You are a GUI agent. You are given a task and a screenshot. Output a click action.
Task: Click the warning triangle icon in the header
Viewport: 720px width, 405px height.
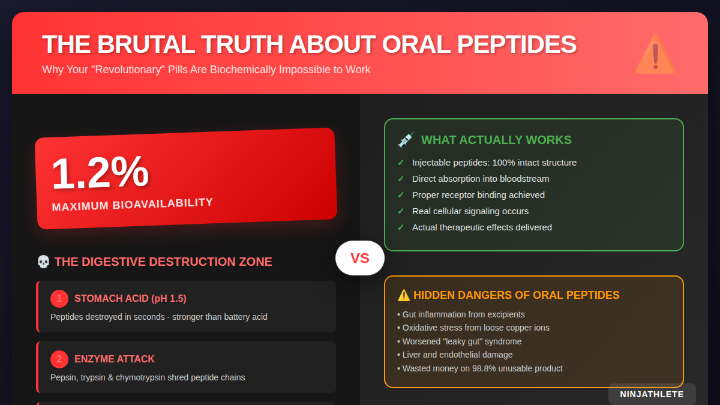[655, 55]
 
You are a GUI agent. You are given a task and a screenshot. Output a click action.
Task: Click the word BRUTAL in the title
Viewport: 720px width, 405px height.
[143, 45]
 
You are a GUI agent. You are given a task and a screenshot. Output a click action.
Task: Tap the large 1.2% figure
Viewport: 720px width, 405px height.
[100, 173]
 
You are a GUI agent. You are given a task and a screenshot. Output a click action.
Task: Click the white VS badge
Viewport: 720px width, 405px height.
[359, 258]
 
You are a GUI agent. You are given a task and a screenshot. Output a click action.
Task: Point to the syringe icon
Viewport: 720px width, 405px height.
[406, 140]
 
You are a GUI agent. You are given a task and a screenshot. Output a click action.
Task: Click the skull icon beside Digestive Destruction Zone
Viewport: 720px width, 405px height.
[43, 262]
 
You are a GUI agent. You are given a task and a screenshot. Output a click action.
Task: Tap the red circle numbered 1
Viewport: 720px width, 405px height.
[59, 298]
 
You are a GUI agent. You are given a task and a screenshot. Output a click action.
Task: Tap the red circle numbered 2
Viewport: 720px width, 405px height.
[59, 359]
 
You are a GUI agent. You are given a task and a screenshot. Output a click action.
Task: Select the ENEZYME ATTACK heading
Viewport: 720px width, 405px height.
[115, 359]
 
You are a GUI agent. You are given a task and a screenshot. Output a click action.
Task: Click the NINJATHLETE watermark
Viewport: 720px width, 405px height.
[652, 394]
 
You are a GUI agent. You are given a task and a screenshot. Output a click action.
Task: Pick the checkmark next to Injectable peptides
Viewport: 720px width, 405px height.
[401, 163]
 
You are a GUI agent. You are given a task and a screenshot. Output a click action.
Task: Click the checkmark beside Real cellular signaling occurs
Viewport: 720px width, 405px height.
[401, 211]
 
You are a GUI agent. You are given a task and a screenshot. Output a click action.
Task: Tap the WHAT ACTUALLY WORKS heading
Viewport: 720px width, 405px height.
[496, 140]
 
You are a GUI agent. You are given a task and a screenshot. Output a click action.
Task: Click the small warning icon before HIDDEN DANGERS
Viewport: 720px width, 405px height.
[404, 295]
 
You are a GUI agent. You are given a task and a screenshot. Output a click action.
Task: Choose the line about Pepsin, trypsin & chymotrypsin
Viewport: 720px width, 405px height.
[148, 377]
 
